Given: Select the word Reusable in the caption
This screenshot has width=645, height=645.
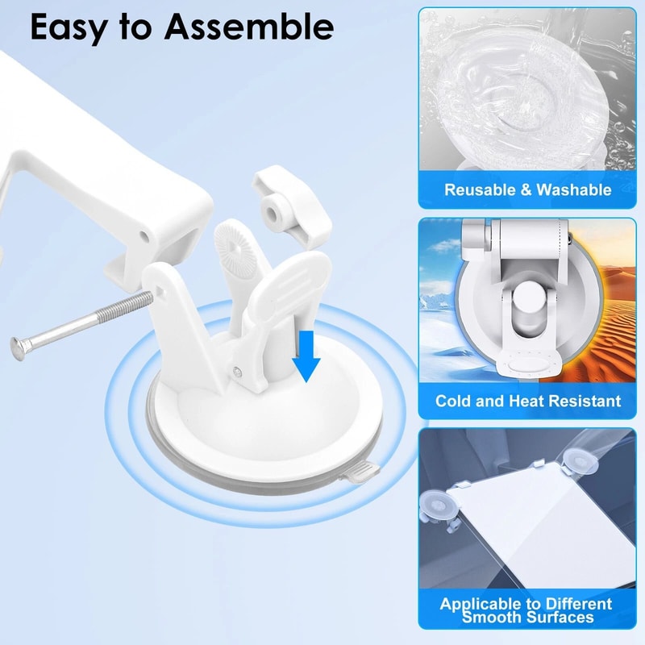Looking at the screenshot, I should pyautogui.click(x=481, y=190).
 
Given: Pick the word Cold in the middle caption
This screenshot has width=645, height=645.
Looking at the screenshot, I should pyautogui.click(x=454, y=401).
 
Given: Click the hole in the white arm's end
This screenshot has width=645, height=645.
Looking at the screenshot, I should pyautogui.click(x=145, y=235).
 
